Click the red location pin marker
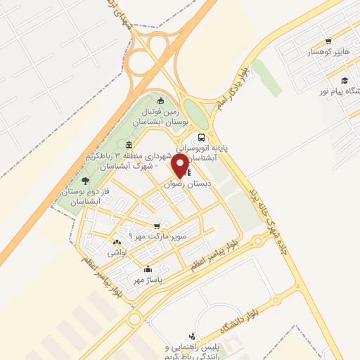pyautogui.click(x=180, y=165)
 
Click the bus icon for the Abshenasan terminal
pyautogui.click(x=202, y=137)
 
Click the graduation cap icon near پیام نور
pyautogui.click(x=345, y=80)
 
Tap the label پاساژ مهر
pyautogui.click(x=148, y=279)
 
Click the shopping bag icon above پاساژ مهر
pyautogui.click(x=148, y=269)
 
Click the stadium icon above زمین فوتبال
pyautogui.click(x=161, y=100)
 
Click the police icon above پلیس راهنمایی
pyautogui.click(x=191, y=336)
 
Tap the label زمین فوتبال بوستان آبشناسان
pyautogui.click(x=162, y=116)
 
